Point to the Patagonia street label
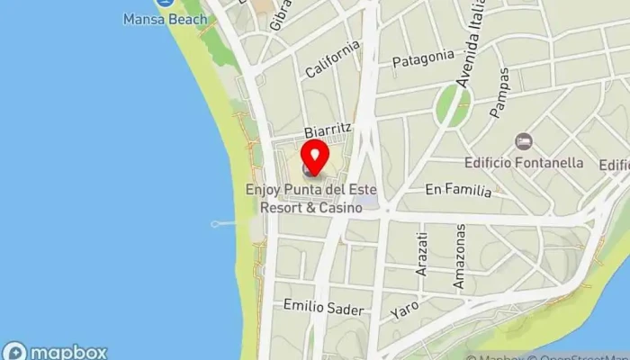423,58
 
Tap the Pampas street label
499,99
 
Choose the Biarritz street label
326,131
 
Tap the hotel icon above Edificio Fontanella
524,142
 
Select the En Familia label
458,190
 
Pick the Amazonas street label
459,256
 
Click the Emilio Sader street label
323,308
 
